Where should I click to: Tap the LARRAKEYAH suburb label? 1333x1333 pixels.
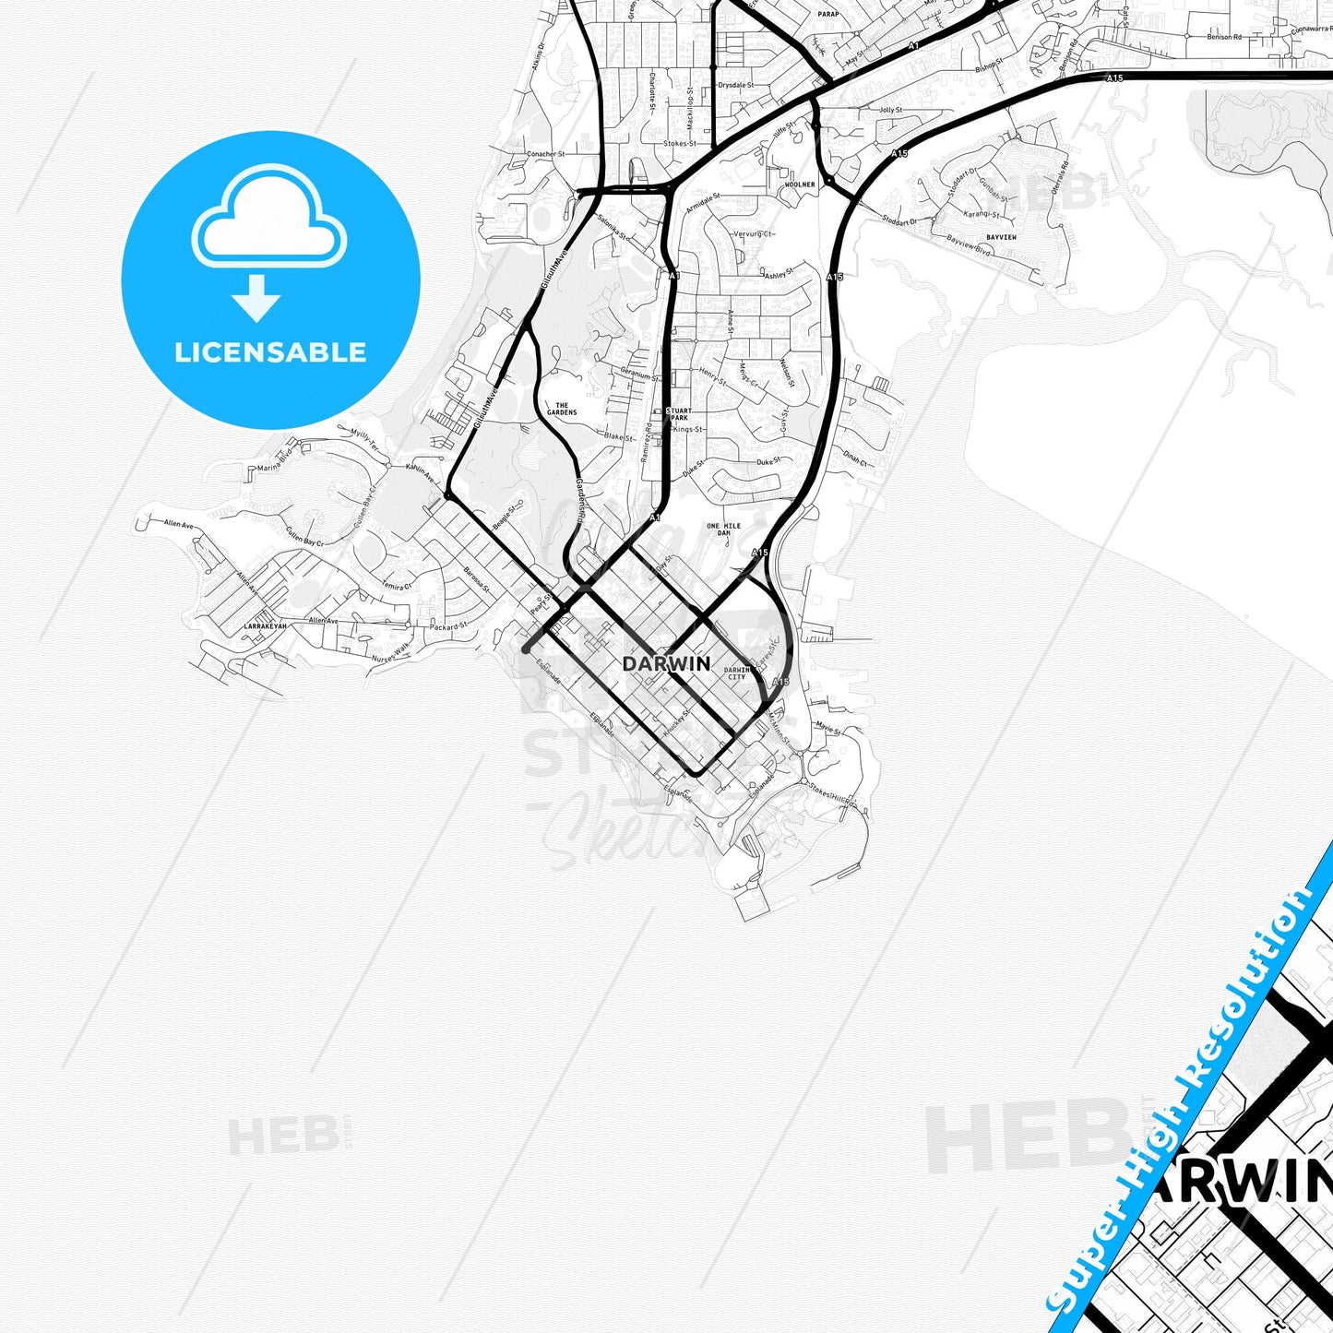(x=265, y=626)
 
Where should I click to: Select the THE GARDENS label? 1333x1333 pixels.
(x=562, y=409)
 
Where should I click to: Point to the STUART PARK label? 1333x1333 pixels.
(x=679, y=414)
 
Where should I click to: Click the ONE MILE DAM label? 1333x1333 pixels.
(x=724, y=530)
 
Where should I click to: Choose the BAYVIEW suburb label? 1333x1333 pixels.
(x=1001, y=237)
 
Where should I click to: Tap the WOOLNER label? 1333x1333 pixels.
(x=800, y=184)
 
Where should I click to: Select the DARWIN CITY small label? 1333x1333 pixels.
(x=736, y=673)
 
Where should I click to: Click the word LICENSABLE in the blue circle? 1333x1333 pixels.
(x=270, y=352)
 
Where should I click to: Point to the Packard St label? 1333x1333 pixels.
(x=449, y=626)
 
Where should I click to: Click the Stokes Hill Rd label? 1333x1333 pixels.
(x=831, y=794)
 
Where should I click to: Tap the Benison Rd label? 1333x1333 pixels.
(x=1224, y=37)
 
